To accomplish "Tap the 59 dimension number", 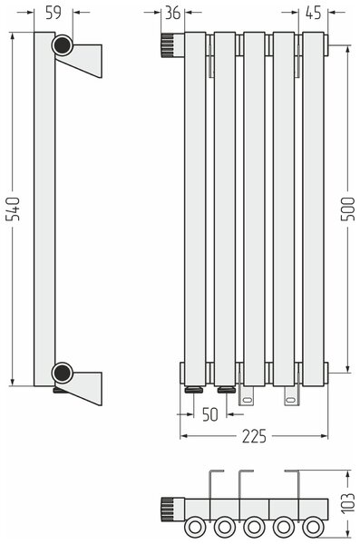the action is point(54,13).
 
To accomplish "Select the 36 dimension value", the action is point(172,13).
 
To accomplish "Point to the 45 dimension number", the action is point(314,13).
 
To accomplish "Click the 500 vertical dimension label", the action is point(348,209).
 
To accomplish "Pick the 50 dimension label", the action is point(210,414).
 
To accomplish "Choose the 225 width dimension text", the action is point(254,436).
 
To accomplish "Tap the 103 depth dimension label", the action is point(348,502).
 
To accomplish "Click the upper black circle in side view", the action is point(63,45).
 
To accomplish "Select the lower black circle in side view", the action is point(63,373).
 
